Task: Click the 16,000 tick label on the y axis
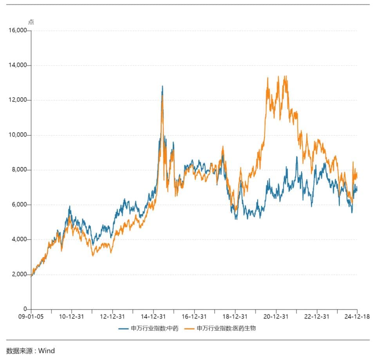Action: pos(17,31)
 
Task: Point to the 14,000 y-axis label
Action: pos(17,65)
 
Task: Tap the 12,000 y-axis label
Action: pos(17,100)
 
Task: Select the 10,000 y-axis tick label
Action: pos(17,135)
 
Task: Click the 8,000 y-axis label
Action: pos(18,170)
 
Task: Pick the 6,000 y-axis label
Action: pos(18,205)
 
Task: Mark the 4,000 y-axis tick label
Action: pos(18,240)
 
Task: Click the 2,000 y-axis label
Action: pos(18,275)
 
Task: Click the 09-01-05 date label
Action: pos(31,316)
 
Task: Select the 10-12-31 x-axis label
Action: pos(72,316)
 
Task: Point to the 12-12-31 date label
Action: pos(113,316)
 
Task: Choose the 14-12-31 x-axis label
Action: pos(154,316)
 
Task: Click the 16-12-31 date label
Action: pos(194,316)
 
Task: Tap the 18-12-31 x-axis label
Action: pos(235,316)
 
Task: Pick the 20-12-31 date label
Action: pos(276,316)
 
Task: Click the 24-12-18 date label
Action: pos(357,316)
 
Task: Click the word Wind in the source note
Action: pos(46,350)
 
